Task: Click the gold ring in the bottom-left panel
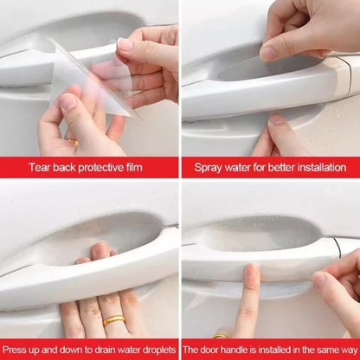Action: (113, 321)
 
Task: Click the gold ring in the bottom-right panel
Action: (221, 336)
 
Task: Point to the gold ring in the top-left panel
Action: (73, 141)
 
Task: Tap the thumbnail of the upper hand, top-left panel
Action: (125, 44)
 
